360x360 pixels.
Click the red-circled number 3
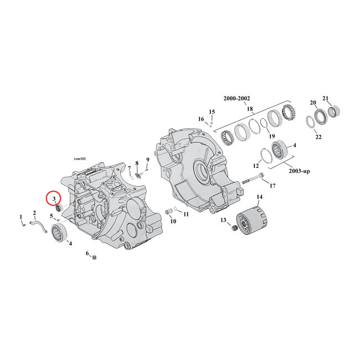54,198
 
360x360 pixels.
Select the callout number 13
224,220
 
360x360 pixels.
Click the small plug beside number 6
94,256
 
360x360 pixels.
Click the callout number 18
249,109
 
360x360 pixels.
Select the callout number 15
212,112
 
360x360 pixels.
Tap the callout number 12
256,166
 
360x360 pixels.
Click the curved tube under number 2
39,224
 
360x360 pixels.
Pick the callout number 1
21,217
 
